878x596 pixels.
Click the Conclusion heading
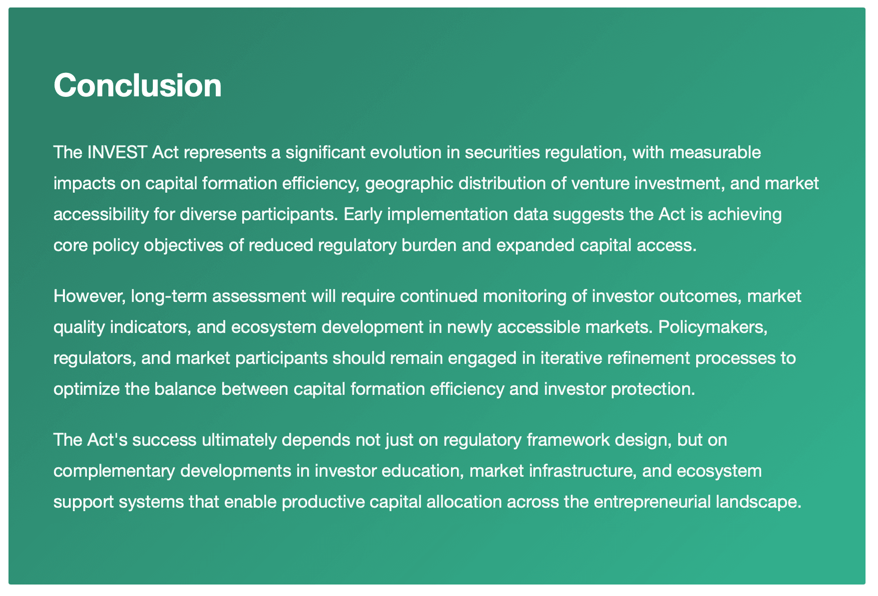pos(137,85)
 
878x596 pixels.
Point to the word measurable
pos(715,152)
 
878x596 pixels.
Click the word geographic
pos(409,183)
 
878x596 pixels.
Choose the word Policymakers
pos(713,327)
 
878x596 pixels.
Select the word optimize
pos(87,389)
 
